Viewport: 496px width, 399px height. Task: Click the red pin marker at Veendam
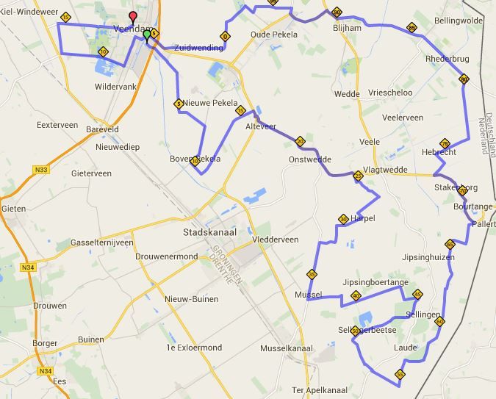tap(133, 18)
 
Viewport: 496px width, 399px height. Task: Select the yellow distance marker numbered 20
tap(300, 141)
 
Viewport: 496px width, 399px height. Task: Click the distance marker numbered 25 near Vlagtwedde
tap(358, 176)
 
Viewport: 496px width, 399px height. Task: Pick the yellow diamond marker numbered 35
tap(312, 274)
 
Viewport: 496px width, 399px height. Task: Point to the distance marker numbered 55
tap(400, 374)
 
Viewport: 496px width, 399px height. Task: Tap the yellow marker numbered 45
tap(417, 295)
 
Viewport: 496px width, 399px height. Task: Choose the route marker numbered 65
tap(450, 244)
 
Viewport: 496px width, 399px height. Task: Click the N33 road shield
tap(40, 170)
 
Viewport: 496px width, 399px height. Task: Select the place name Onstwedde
tap(310, 159)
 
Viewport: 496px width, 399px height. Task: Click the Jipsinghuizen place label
tap(428, 257)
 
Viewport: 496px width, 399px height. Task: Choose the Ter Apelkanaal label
tap(318, 390)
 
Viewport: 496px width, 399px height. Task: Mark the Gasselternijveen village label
tap(101, 242)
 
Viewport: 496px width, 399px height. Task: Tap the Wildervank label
tap(116, 87)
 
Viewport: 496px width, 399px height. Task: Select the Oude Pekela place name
tap(274, 35)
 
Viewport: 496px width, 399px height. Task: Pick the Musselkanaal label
tap(287, 348)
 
